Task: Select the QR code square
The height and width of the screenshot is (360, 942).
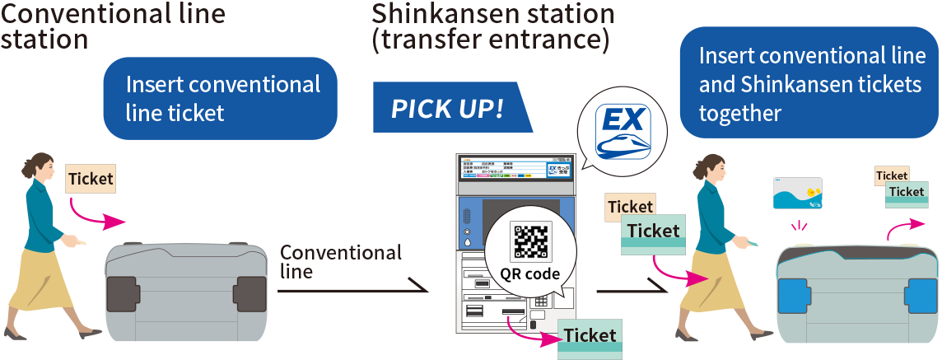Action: click(530, 241)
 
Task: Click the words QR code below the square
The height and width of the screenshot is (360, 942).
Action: click(530, 274)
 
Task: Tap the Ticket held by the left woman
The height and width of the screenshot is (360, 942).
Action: click(91, 179)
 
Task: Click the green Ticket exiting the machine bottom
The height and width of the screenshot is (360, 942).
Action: click(590, 337)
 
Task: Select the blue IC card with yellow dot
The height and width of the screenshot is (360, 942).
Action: click(797, 194)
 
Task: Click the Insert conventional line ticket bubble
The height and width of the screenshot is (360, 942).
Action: click(221, 98)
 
